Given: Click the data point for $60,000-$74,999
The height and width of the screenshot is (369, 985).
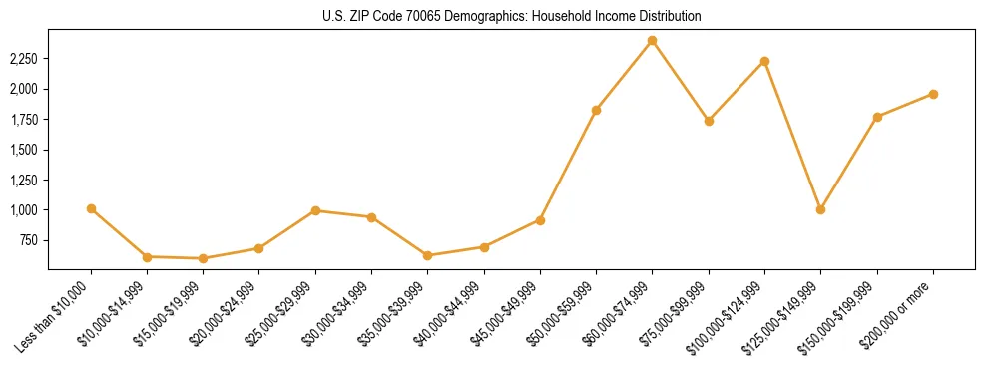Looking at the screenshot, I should coord(652,41).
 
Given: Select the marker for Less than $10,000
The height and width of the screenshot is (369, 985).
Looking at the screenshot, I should coord(91,208).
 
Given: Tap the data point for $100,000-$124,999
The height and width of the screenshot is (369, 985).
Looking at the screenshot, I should coord(764,62).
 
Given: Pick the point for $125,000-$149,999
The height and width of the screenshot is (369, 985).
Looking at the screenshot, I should coord(820,209).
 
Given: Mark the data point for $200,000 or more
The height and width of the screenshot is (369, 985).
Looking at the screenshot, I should coord(933,94).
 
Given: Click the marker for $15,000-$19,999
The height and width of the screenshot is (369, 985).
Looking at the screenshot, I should coord(203,258).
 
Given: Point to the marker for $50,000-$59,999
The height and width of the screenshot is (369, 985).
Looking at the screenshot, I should coord(596,110).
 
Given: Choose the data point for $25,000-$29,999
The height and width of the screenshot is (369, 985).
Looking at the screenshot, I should coord(315,210).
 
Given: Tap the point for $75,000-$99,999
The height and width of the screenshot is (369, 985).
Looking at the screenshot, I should coord(709,121).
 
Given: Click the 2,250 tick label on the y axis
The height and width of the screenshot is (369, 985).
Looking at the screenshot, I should coord(24,59).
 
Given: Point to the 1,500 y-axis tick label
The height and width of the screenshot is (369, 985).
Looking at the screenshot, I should coord(24,150).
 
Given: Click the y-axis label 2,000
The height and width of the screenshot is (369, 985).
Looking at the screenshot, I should coord(24,89).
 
